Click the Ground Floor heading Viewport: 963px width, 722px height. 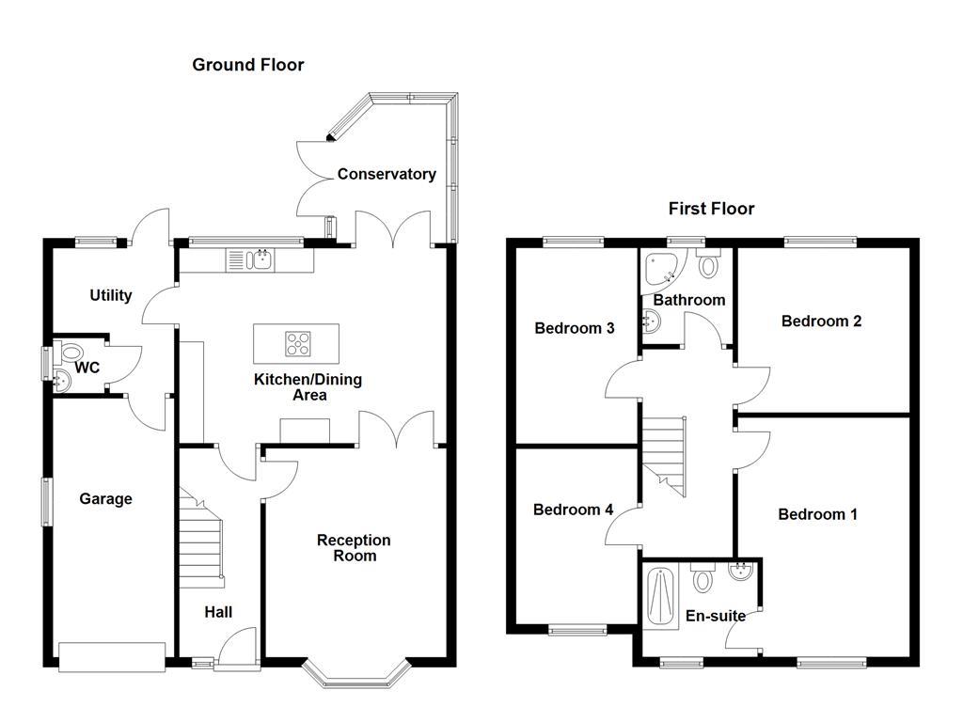tap(247, 65)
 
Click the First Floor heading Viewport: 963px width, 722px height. tap(711, 209)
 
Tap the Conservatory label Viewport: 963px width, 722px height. tap(387, 174)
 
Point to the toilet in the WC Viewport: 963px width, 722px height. tap(72, 354)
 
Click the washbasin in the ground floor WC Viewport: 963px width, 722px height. tap(63, 382)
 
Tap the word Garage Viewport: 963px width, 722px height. tap(105, 499)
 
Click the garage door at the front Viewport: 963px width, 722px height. tap(112, 656)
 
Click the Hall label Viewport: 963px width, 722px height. tap(218, 612)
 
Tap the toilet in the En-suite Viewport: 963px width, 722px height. tap(703, 579)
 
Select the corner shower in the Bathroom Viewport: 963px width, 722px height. tap(661, 269)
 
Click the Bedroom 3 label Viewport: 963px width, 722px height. tap(574, 328)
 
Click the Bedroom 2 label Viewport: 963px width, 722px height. tap(821, 321)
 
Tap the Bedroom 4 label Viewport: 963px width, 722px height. tap(573, 510)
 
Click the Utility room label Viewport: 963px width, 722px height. tap(110, 295)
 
